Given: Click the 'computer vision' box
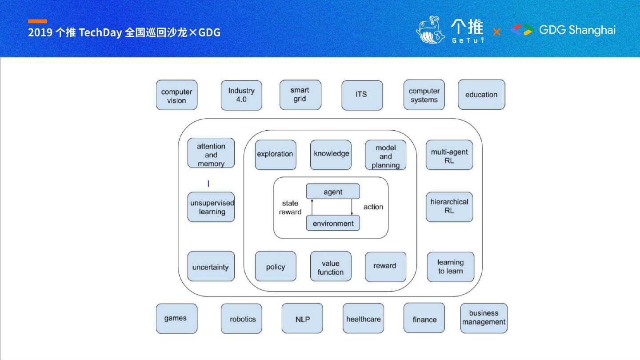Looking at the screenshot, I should [176, 95].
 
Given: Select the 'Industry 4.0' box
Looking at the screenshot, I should [241, 95].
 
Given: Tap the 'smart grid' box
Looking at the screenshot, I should [300, 95].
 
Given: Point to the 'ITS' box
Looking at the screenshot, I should [362, 95].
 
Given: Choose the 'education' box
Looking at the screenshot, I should [481, 95].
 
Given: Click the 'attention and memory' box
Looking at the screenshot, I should [211, 153].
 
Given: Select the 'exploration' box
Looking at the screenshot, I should [275, 155].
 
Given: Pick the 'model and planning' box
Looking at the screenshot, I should [385, 155].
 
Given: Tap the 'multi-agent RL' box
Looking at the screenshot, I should [449, 155].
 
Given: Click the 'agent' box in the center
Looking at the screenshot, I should [333, 192].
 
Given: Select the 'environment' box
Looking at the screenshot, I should [333, 223].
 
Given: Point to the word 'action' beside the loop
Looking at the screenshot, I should [373, 207].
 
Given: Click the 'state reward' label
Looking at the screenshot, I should [290, 208].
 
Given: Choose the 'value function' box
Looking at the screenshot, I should [331, 267].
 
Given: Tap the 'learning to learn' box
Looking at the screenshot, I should [450, 267].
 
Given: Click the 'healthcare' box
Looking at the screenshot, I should [363, 319].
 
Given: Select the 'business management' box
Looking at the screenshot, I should [484, 318].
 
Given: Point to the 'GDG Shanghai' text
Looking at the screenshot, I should [577, 30].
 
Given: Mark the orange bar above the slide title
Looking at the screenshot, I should [37, 21].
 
